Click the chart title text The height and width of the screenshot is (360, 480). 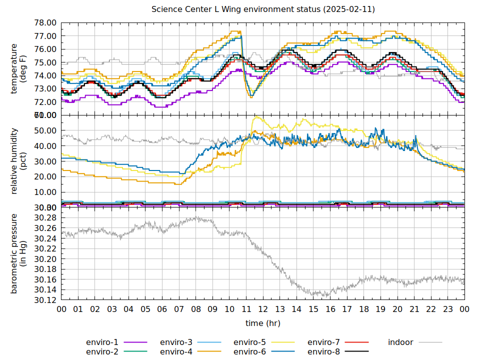[x=263, y=9]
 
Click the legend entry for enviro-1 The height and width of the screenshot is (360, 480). [x=102, y=342]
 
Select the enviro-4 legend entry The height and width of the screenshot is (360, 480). [x=176, y=351]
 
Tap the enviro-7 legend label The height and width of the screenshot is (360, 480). [x=323, y=342]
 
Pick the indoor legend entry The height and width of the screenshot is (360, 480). [x=400, y=342]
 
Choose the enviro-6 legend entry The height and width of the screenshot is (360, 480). [x=249, y=351]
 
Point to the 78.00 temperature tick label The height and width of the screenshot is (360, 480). [x=45, y=23]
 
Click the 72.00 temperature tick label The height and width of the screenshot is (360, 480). [x=45, y=102]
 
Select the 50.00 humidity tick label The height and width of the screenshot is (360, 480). [x=45, y=130]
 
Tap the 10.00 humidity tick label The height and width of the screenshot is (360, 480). [x=45, y=192]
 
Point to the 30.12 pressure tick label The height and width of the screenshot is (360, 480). [x=45, y=300]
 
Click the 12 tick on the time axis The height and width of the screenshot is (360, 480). [x=263, y=309]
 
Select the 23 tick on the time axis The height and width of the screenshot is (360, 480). [x=448, y=309]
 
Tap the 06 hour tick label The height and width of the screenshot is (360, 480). [x=162, y=309]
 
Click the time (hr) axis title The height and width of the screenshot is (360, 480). [x=263, y=323]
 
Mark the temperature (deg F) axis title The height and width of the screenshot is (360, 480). [x=18, y=69]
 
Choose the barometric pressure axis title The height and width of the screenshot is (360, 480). [x=18, y=253]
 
